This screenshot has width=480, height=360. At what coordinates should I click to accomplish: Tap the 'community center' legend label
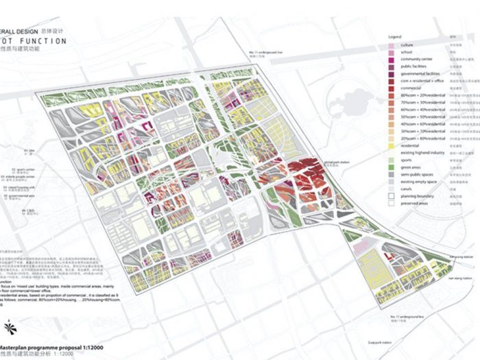416,60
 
